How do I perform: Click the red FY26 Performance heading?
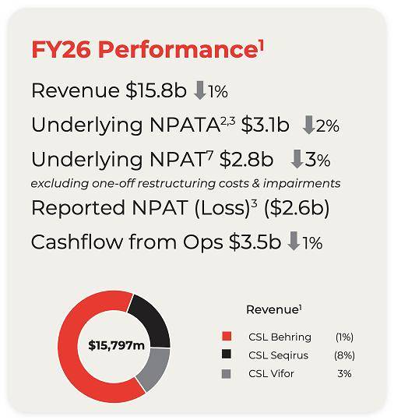[x=147, y=49]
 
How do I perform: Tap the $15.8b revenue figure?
[x=156, y=90]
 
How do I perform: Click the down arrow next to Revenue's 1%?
[x=200, y=90]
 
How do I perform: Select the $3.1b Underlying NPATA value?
[x=265, y=125]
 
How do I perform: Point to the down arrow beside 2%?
[x=308, y=125]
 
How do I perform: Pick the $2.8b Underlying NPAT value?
[x=246, y=160]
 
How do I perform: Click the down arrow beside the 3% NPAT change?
[x=297, y=160]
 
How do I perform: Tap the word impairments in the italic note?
[x=301, y=184]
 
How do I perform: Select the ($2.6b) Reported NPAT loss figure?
[x=297, y=208]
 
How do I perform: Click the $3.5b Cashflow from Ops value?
[x=255, y=242]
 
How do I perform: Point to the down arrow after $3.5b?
[x=294, y=242]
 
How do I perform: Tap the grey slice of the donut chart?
[x=155, y=369]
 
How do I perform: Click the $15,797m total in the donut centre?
[x=116, y=345]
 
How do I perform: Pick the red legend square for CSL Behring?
[x=227, y=337]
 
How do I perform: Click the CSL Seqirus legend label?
[x=279, y=355]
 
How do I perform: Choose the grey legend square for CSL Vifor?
[x=227, y=374]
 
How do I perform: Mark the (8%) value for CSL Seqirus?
[x=344, y=355]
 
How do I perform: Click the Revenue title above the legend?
[x=274, y=310]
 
